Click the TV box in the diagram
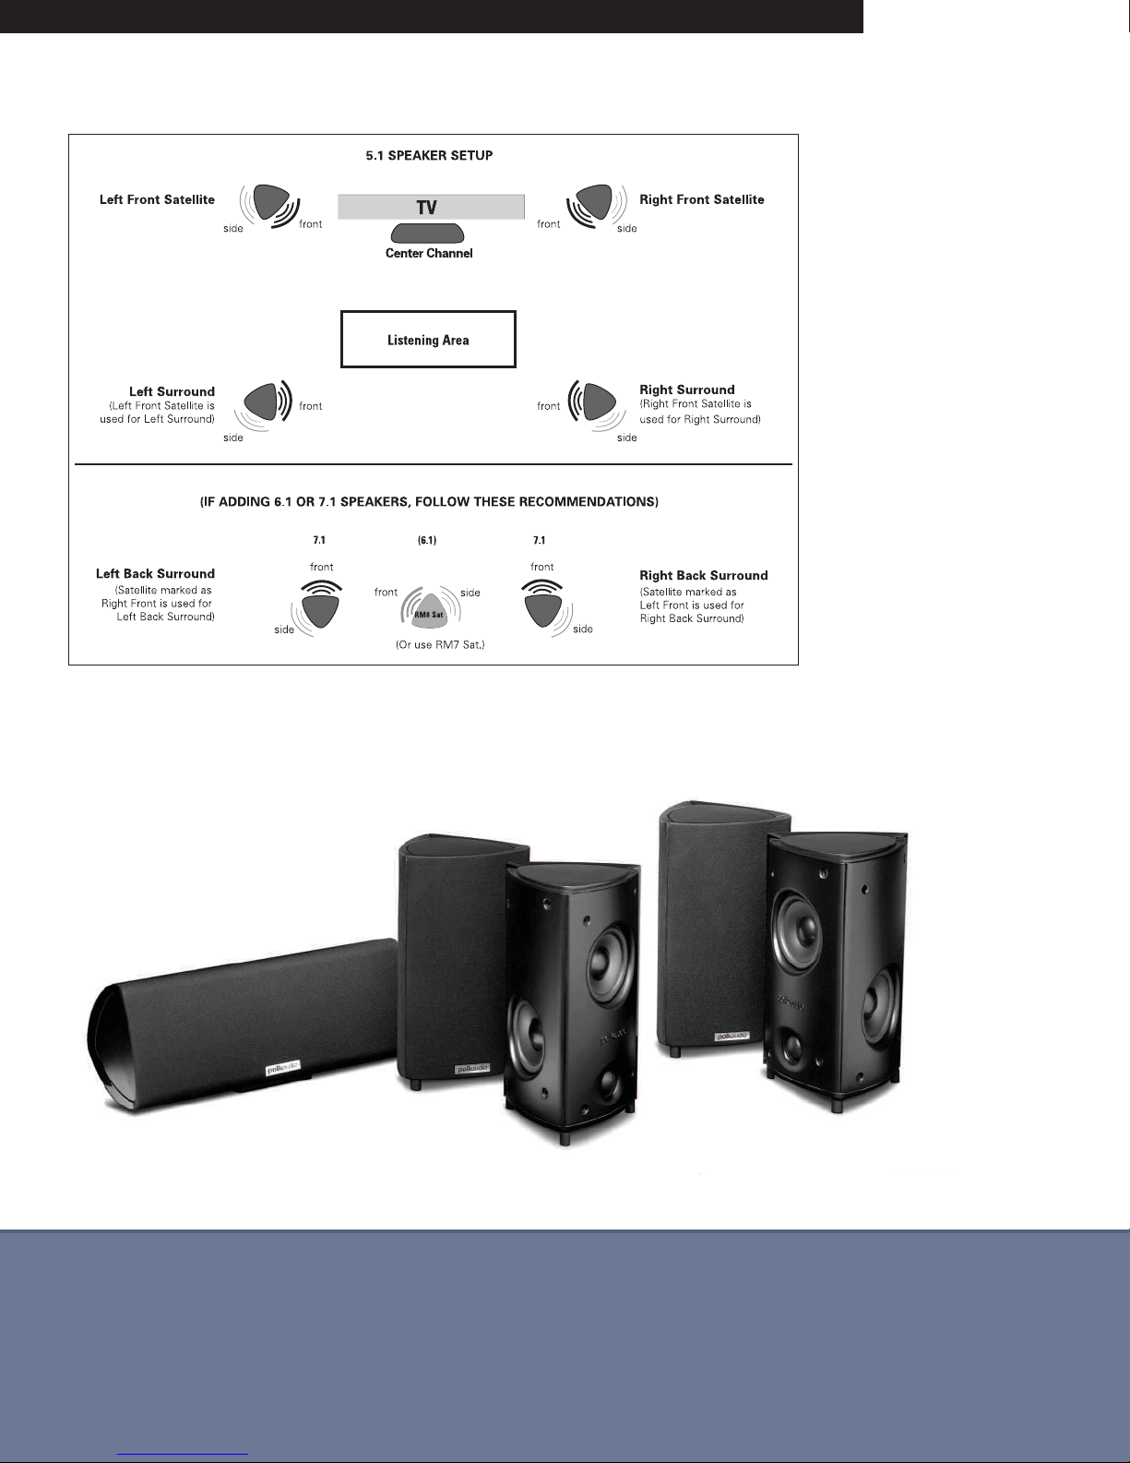[x=431, y=207]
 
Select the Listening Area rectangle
[x=428, y=340]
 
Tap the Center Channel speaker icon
[x=427, y=234]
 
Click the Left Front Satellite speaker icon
[x=268, y=200]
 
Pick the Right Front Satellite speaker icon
[x=590, y=200]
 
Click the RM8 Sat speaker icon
[x=429, y=608]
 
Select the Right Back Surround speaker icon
[x=542, y=610]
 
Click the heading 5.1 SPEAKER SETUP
[x=429, y=155]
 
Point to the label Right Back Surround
[x=703, y=575]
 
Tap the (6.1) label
[x=427, y=540]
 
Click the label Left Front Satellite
[x=157, y=199]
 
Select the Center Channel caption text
[x=429, y=253]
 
